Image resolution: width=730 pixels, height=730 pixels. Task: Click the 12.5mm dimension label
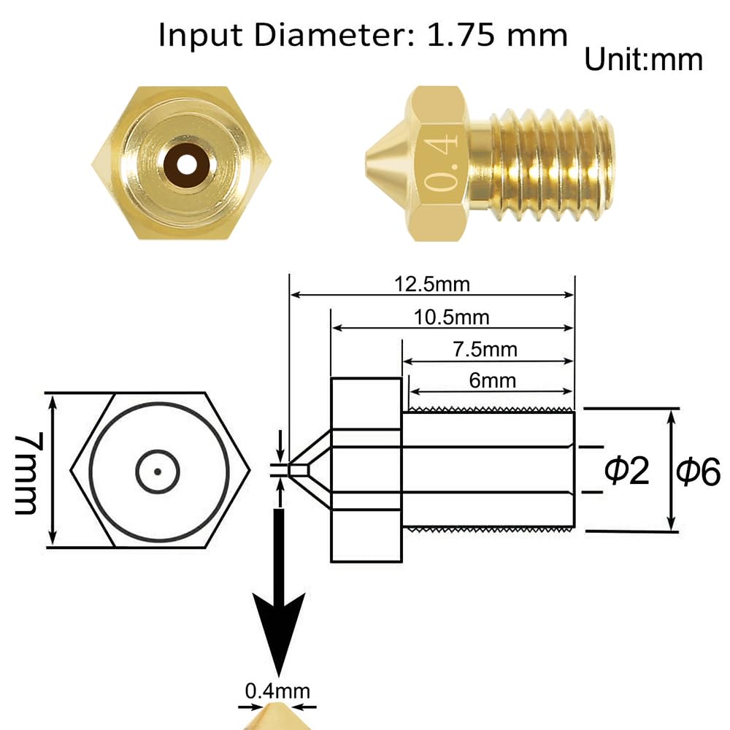click(432, 284)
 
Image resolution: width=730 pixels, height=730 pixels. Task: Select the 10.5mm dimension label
click(453, 317)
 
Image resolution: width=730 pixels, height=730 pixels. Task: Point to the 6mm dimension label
click(493, 380)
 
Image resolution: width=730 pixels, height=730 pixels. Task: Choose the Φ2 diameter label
click(626, 471)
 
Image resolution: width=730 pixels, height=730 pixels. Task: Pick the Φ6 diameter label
click(698, 472)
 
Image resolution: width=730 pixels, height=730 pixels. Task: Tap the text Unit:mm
click(643, 59)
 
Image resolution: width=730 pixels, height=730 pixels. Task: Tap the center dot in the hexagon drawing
click(157, 471)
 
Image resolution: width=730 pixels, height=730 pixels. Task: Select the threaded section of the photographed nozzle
click(551, 164)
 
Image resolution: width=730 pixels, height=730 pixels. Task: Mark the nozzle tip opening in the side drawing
click(291, 470)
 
